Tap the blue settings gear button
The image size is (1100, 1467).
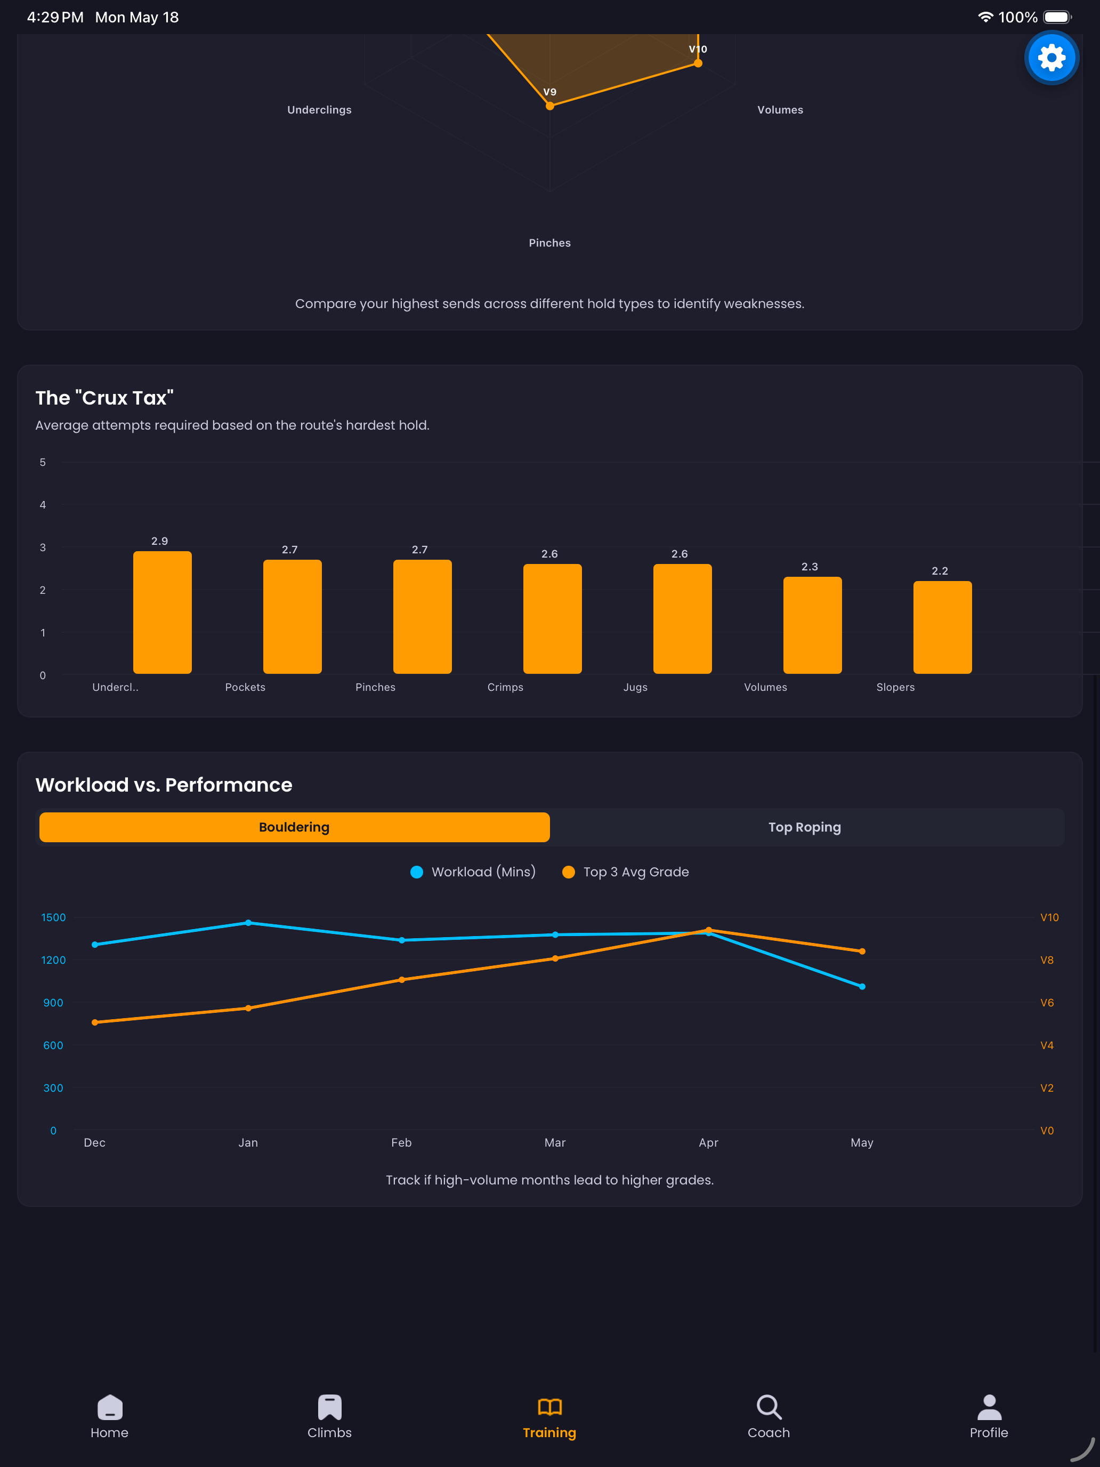click(1051, 58)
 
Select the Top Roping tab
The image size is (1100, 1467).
click(804, 827)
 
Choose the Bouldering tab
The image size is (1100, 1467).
click(294, 827)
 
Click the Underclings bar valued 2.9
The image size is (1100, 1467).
click(163, 612)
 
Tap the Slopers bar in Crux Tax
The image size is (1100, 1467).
click(942, 627)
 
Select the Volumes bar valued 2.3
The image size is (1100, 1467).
click(812, 625)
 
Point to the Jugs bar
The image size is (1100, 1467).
click(682, 619)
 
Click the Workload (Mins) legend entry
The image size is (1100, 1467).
click(473, 872)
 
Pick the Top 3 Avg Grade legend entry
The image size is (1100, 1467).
click(625, 872)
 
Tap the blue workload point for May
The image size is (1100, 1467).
click(862, 986)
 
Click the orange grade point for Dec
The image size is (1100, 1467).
click(95, 1022)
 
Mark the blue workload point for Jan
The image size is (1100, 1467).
click(248, 923)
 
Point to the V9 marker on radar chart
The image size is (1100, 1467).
click(549, 106)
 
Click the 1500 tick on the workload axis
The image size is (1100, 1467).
click(54, 917)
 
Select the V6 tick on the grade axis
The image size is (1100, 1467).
click(1047, 1003)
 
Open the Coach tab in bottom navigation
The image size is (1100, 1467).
click(769, 1416)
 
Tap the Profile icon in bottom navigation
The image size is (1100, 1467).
click(989, 1407)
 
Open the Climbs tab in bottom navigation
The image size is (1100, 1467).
click(329, 1416)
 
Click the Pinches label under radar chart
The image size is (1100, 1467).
click(549, 243)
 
